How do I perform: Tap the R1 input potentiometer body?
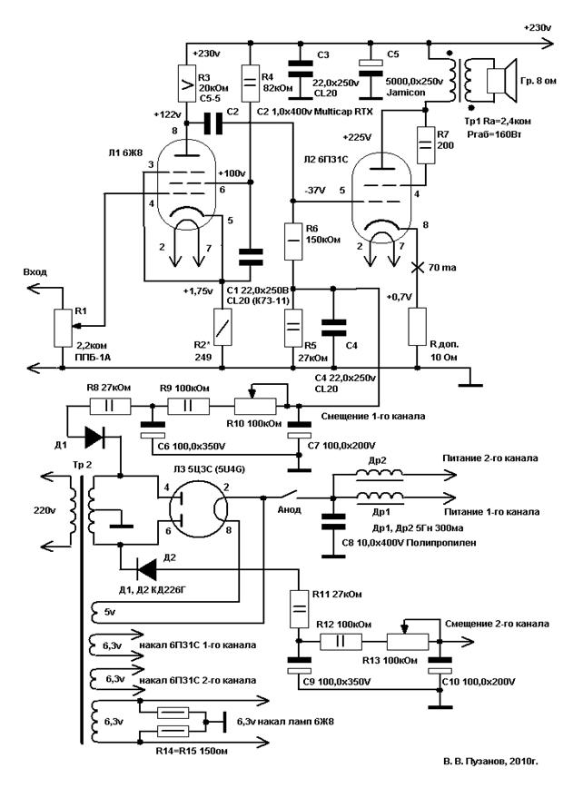coord(62,327)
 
